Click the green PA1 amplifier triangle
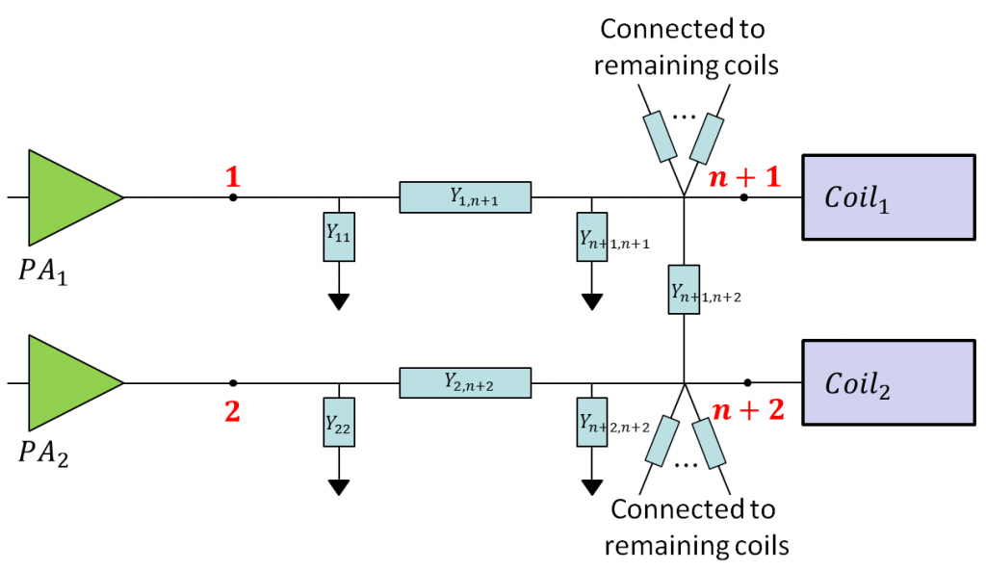point(67,196)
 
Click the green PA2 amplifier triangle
point(67,382)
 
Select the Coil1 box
point(887,196)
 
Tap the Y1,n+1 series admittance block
point(465,197)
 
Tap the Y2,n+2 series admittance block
point(465,382)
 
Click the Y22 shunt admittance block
point(338,422)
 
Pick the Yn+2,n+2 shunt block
point(591,422)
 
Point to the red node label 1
point(231,176)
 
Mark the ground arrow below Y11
point(338,301)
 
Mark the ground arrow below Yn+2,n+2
point(591,486)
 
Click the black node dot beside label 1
point(232,197)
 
